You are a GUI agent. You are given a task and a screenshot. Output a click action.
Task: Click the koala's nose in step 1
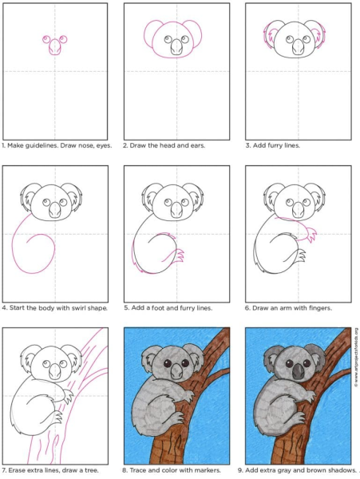(x=54, y=47)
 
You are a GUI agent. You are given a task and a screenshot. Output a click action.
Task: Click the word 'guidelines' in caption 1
(x=39, y=145)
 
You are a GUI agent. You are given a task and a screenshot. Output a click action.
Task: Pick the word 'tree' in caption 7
(x=92, y=470)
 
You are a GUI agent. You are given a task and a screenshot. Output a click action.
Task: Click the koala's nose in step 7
(x=55, y=371)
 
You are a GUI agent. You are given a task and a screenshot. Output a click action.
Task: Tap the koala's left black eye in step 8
(x=168, y=363)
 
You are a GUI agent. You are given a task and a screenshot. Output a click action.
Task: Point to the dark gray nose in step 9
(x=298, y=372)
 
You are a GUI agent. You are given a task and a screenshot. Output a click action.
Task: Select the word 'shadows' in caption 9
(x=343, y=470)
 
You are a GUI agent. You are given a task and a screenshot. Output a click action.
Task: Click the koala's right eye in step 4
(x=63, y=202)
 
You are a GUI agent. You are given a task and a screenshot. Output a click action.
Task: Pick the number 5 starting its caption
(x=126, y=308)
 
